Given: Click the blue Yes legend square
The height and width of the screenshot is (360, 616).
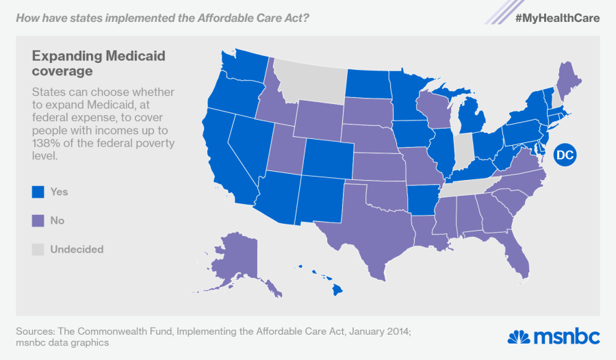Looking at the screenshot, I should click(x=38, y=192).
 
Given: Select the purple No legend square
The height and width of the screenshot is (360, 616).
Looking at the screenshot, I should click(x=38, y=221).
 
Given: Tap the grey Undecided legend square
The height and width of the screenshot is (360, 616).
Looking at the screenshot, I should click(x=38, y=249).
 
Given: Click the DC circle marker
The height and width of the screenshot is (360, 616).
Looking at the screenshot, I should click(x=564, y=155).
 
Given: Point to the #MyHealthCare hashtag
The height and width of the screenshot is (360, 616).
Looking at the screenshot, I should click(x=558, y=18).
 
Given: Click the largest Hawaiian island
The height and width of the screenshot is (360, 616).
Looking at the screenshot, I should click(x=337, y=290).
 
